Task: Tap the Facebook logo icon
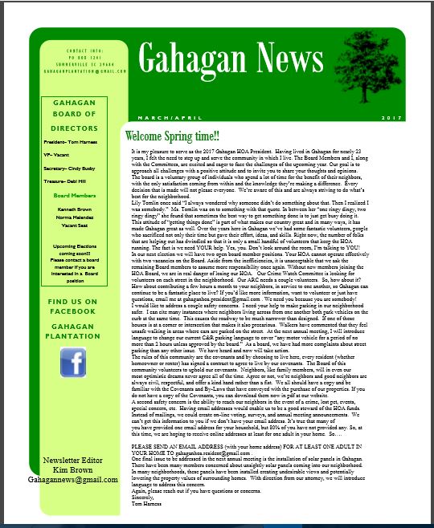click(x=73, y=363)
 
